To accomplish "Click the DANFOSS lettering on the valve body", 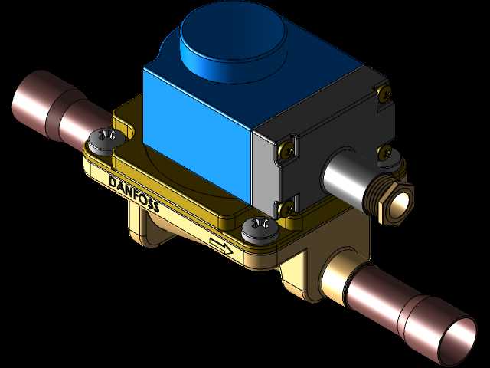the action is (134, 194).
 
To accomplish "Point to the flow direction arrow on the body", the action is (221, 245).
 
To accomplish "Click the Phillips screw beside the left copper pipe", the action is (106, 141).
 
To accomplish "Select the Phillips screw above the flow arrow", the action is (260, 231).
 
